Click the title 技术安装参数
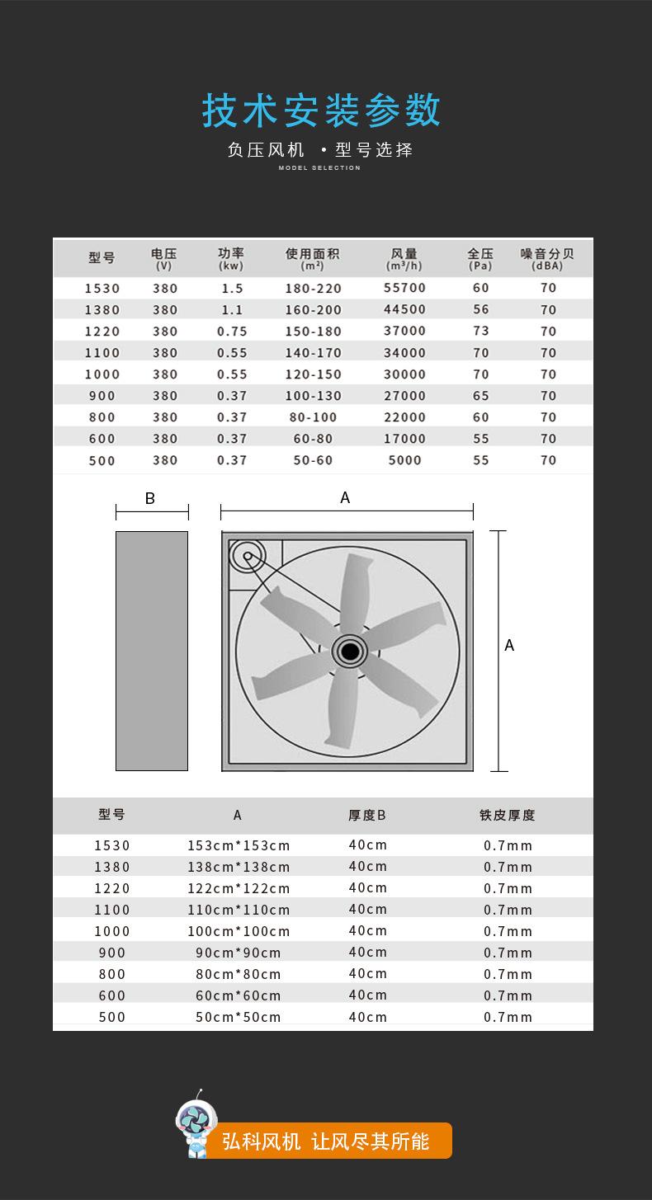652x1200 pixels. tap(322, 111)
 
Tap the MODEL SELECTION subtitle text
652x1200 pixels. tap(319, 168)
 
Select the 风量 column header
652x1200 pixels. tap(404, 258)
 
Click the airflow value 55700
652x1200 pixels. tap(404, 288)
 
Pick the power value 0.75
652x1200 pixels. tap(232, 331)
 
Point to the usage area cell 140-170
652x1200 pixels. tap(313, 352)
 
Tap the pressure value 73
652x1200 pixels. tap(481, 331)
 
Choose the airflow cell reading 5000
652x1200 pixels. tap(404, 460)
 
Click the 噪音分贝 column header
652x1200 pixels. tap(547, 258)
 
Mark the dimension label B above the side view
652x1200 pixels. tap(150, 498)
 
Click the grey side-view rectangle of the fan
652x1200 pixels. tap(152, 651)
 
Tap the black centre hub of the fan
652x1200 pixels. tap(350, 652)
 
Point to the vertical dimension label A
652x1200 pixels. tap(509, 645)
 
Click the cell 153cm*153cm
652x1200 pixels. tap(239, 845)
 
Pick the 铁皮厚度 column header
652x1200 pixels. tap(508, 815)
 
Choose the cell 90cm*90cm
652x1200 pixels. tap(239, 953)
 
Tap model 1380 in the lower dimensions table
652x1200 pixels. tap(112, 867)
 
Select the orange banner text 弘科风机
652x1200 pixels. tap(262, 1141)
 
